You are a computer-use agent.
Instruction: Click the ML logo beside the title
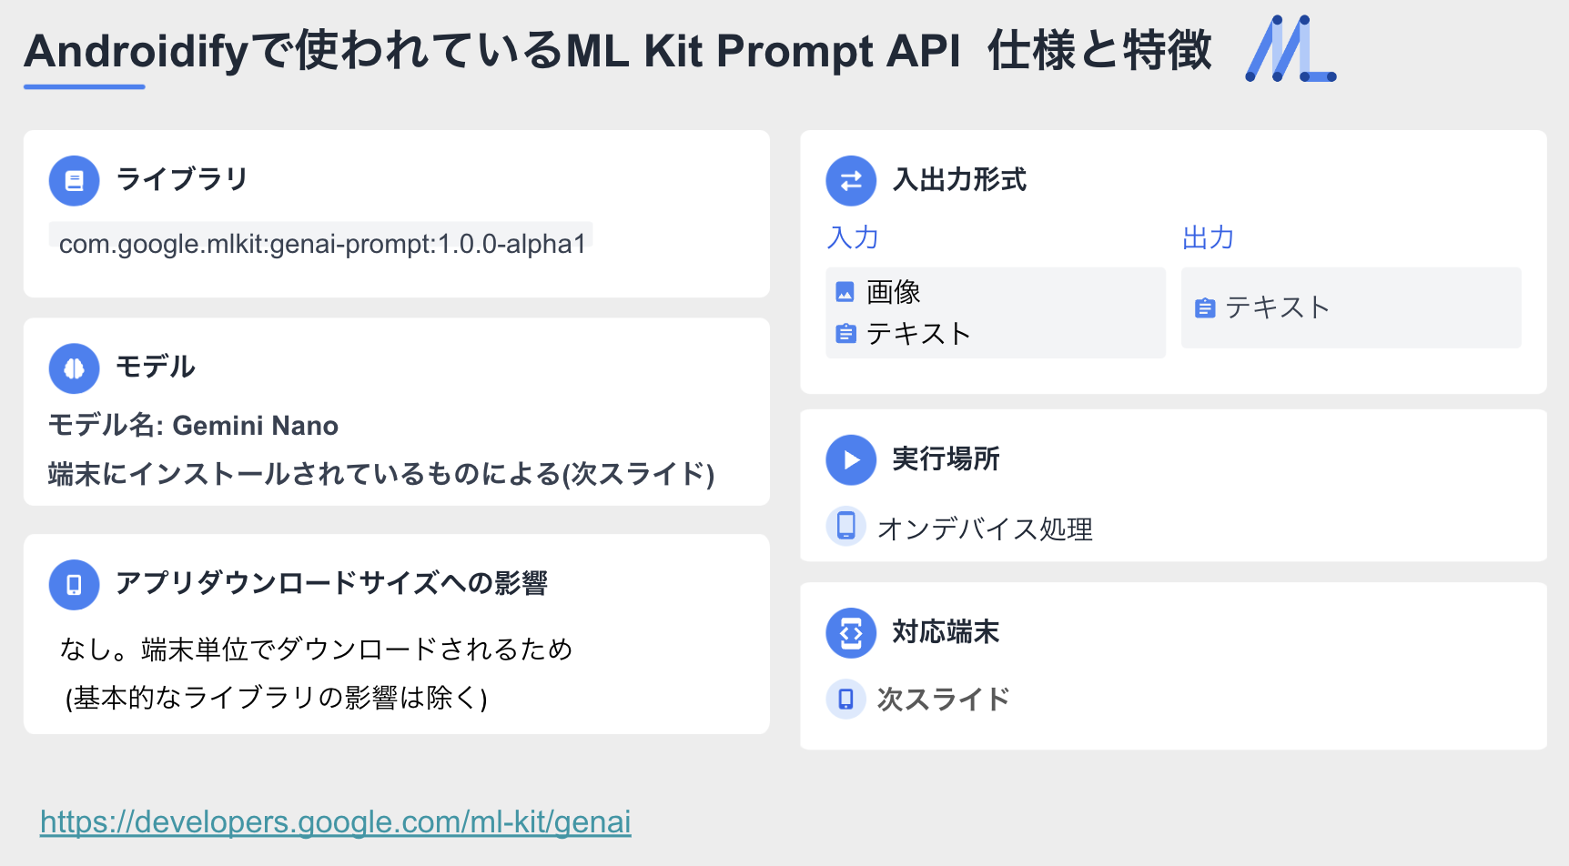click(x=1290, y=49)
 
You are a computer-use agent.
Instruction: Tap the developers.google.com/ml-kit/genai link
click(x=336, y=822)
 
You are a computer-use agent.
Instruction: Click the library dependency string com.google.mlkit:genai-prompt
click(x=322, y=244)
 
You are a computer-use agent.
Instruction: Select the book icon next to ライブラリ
click(x=75, y=181)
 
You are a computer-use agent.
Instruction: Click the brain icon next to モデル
click(x=75, y=368)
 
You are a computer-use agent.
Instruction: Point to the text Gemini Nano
click(x=256, y=426)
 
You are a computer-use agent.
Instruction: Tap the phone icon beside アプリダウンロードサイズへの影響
click(x=75, y=585)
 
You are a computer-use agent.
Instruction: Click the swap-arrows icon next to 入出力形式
click(x=851, y=181)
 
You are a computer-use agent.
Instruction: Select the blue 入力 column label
click(x=853, y=237)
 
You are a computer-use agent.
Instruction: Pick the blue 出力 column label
click(x=1208, y=237)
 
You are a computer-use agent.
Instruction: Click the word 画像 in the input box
click(x=894, y=292)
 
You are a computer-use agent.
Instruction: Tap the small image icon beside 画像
click(x=845, y=292)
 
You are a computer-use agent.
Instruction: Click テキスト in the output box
click(x=1278, y=307)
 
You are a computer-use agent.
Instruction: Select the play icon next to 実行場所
click(x=851, y=460)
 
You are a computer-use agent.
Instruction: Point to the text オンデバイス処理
click(x=985, y=529)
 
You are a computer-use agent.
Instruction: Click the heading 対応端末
click(x=946, y=631)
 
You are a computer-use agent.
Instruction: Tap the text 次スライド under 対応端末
click(x=944, y=699)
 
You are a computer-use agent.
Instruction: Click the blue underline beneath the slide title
click(x=85, y=86)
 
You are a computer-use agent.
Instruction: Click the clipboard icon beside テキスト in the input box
click(x=845, y=334)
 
